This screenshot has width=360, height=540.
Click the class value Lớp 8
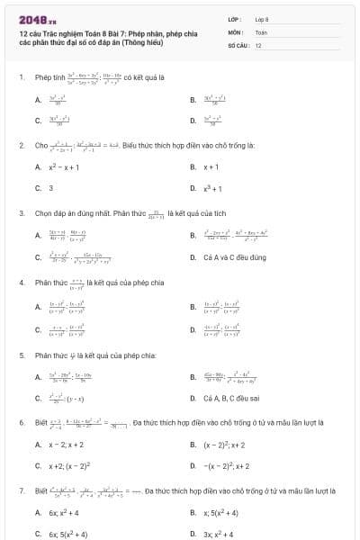coord(262,19)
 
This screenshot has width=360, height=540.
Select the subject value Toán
coord(261,31)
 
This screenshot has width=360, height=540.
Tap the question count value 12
coord(258,44)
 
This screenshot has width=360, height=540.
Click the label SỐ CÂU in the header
coord(237,44)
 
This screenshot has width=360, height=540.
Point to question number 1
coord(21,77)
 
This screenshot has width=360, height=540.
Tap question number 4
coord(21,283)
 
